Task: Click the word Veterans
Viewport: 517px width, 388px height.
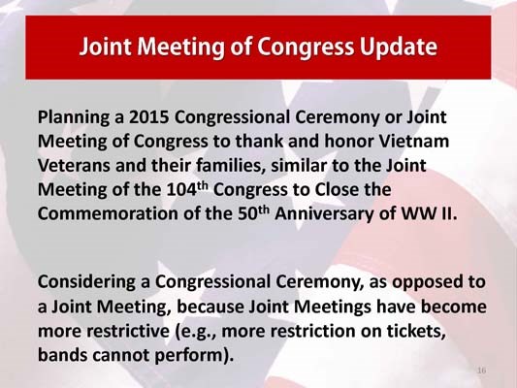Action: (76, 165)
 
